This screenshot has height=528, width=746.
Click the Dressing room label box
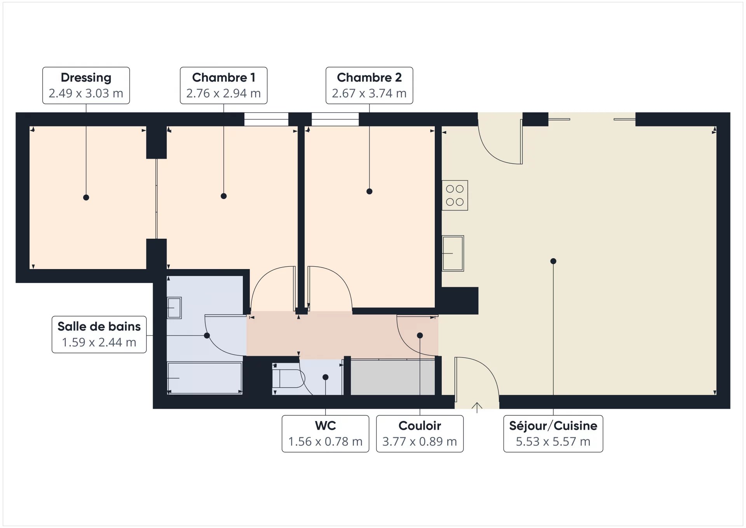pyautogui.click(x=86, y=86)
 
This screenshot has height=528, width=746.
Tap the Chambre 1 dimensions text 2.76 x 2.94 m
pyautogui.click(x=223, y=94)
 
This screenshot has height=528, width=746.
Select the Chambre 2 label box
pyautogui.click(x=369, y=86)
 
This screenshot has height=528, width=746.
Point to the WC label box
pyautogui.click(x=325, y=434)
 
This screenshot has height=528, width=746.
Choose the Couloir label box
pyautogui.click(x=420, y=434)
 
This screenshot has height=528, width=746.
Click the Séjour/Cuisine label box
pyautogui.click(x=553, y=434)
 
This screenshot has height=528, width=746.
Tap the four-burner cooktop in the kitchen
pyautogui.click(x=455, y=195)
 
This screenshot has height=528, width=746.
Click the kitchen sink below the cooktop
pyautogui.click(x=453, y=253)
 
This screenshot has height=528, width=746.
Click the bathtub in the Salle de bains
pyautogui.click(x=205, y=378)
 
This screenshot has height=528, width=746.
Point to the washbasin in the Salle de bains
pyautogui.click(x=174, y=308)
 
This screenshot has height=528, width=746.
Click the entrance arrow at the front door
pyautogui.click(x=477, y=407)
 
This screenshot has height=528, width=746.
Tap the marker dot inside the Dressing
pyautogui.click(x=86, y=198)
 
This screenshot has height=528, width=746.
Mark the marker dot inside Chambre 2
pyautogui.click(x=370, y=191)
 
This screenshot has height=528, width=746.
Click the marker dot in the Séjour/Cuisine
pyautogui.click(x=553, y=261)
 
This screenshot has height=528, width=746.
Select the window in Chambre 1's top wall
pyautogui.click(x=266, y=119)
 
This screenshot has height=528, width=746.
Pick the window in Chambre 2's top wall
pyautogui.click(x=335, y=119)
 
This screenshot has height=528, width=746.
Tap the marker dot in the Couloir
pyautogui.click(x=420, y=336)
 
